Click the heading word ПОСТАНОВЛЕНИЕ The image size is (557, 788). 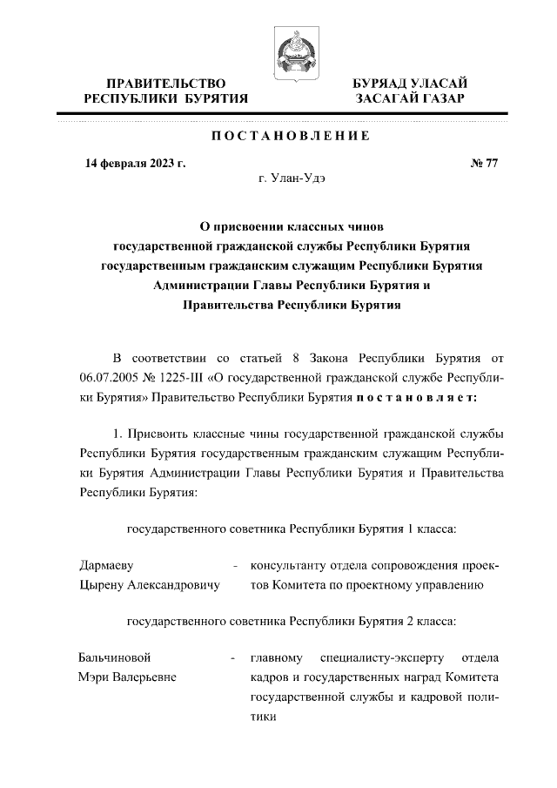[291, 136]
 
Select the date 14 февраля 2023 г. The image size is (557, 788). [135, 163]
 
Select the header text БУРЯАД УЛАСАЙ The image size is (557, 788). [410, 83]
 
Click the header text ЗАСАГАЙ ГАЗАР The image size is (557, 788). [410, 99]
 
